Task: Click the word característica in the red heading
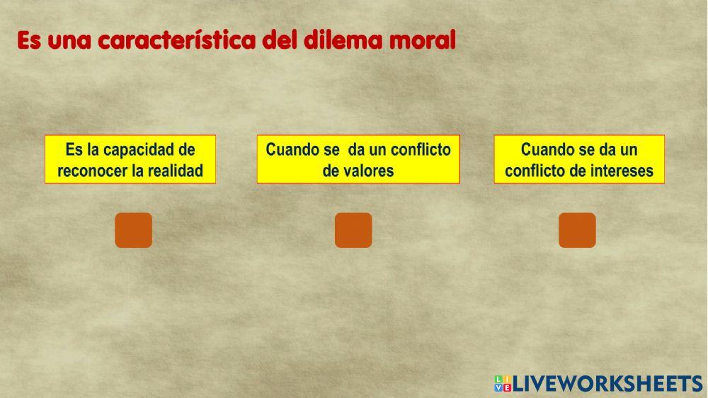tap(176, 41)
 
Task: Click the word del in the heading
tap(279, 41)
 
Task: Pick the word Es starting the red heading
tap(30, 41)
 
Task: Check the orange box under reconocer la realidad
tap(133, 230)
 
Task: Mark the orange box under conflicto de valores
tap(353, 230)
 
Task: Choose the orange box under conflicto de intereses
tap(577, 230)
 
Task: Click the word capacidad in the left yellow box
tap(139, 149)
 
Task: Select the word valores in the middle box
tap(368, 171)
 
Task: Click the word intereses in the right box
tap(618, 171)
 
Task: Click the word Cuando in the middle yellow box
tap(290, 149)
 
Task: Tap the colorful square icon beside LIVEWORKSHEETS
tap(502, 383)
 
